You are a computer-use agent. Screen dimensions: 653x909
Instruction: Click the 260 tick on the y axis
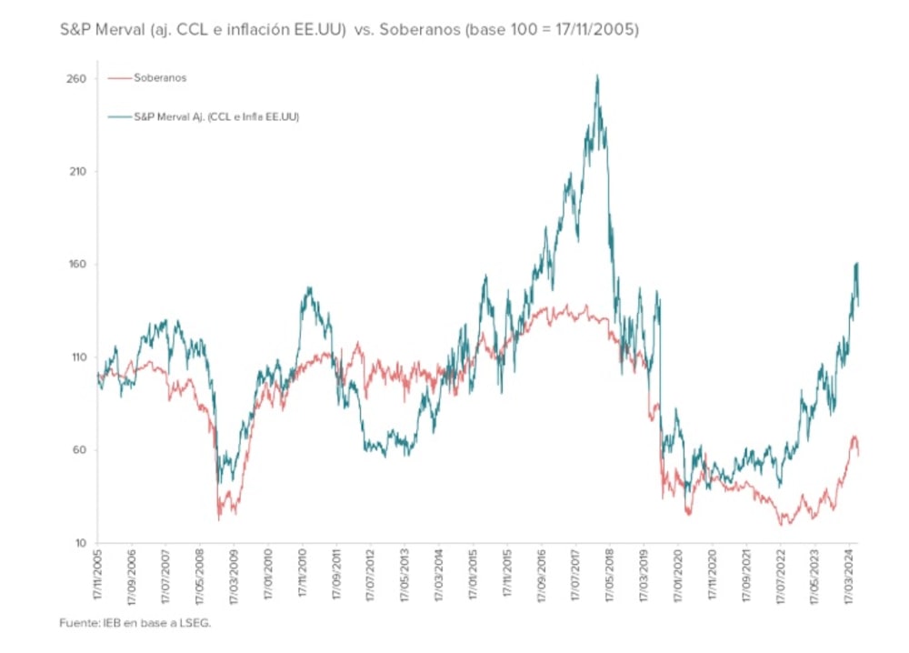pyautogui.click(x=75, y=79)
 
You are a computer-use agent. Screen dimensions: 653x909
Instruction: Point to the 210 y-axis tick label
pyautogui.click(x=75, y=172)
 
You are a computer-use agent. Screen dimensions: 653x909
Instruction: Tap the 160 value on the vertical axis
pyautogui.click(x=75, y=265)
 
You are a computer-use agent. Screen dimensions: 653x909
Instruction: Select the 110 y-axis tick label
pyautogui.click(x=75, y=357)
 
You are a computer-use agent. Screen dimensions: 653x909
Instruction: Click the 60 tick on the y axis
pyautogui.click(x=77, y=450)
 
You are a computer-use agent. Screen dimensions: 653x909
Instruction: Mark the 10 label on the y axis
pyautogui.click(x=77, y=543)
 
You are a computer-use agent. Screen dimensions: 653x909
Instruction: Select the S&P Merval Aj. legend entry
pyautogui.click(x=216, y=117)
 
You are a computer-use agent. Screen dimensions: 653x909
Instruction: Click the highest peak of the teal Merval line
pyautogui.click(x=596, y=76)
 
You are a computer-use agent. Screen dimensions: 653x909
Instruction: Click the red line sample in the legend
pyautogui.click(x=119, y=78)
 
